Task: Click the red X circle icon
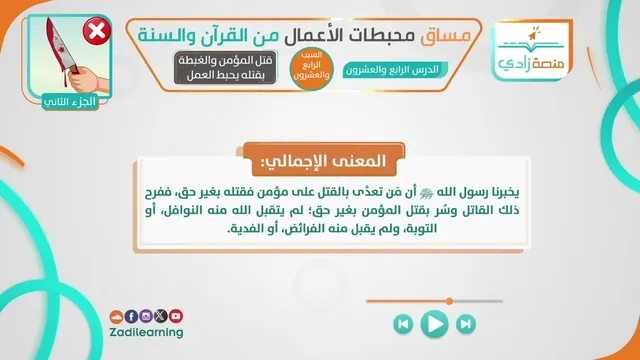97,31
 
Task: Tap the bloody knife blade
58,46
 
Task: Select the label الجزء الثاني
70,102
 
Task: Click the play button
434,324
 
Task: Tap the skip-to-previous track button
403,324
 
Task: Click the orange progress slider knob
449,301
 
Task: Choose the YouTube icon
176,316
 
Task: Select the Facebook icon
131,316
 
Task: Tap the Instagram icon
146,316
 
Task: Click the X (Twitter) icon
160,316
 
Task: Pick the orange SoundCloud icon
116,317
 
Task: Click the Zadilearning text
146,332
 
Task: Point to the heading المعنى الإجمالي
324,160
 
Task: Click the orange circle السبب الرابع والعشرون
312,69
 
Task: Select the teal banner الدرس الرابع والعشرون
395,70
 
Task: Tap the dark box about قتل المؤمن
225,68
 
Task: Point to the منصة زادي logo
531,50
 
